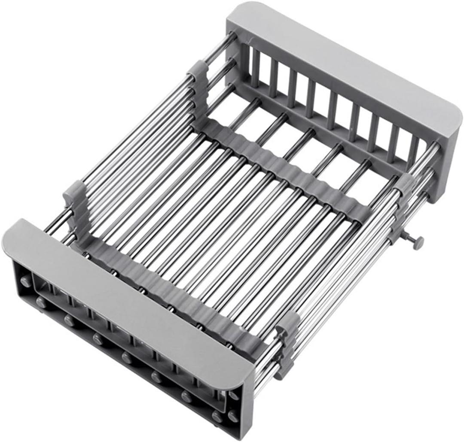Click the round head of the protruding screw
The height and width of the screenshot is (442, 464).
[417, 242]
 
